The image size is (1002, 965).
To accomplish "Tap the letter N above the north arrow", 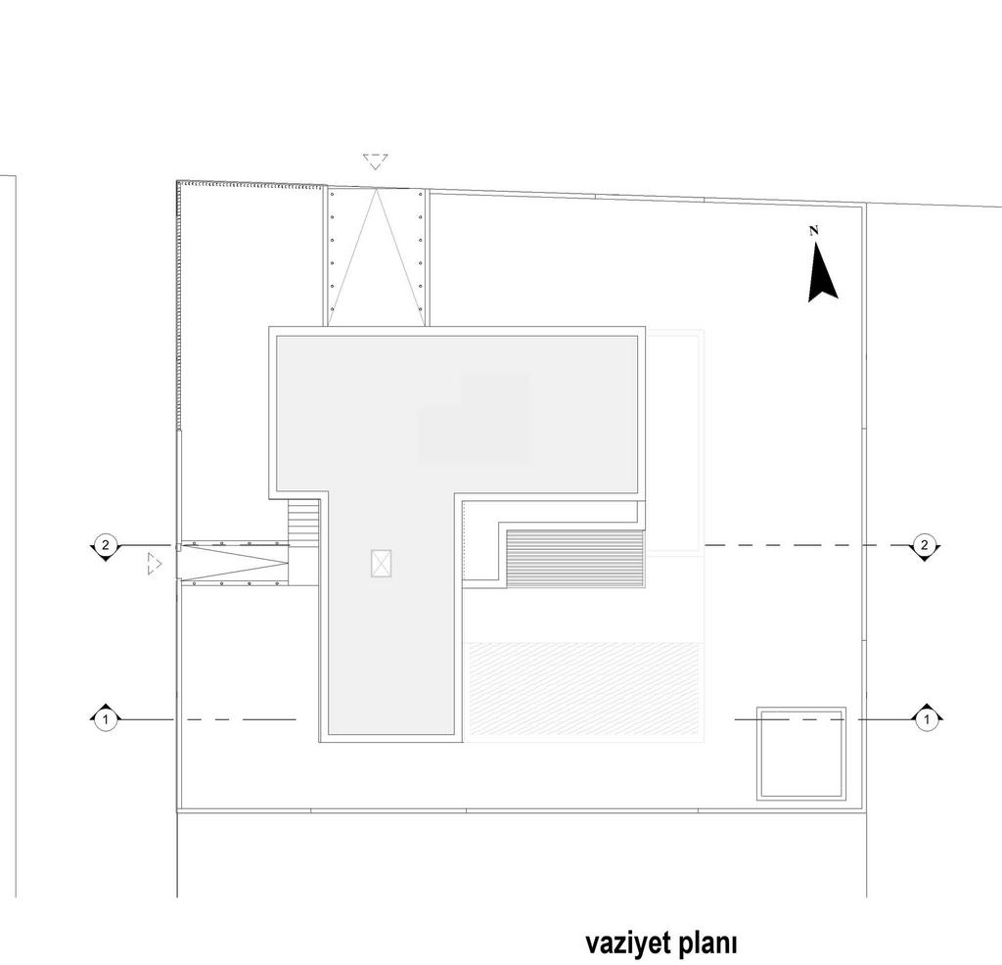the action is tap(814, 231).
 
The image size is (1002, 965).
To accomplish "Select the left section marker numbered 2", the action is tap(106, 546).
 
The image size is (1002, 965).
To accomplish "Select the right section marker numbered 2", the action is tap(924, 546).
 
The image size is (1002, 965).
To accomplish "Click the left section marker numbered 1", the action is tap(106, 719).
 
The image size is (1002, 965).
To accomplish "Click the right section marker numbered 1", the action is tap(927, 719).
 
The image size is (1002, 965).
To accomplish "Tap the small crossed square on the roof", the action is tap(381, 564).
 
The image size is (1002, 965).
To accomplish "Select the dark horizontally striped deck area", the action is tap(574, 557).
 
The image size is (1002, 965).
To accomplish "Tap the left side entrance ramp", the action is tap(233, 564).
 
